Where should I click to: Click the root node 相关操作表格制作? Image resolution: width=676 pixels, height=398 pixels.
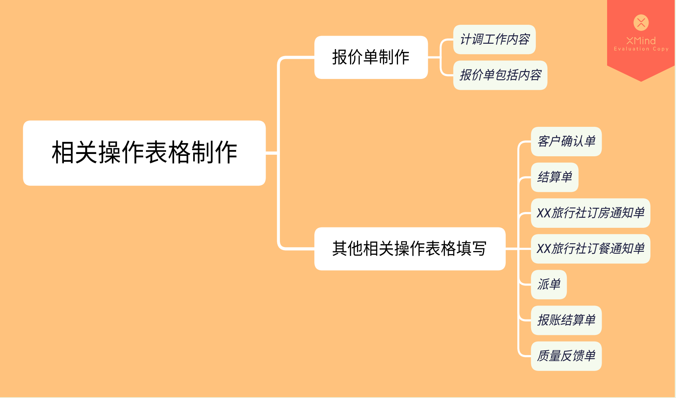[x=144, y=153]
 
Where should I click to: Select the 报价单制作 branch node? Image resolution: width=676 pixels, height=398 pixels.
[x=371, y=57]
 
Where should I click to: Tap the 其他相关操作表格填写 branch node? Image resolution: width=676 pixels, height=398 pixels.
[x=409, y=248]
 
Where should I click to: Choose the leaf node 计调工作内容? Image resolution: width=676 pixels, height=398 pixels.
[x=494, y=39]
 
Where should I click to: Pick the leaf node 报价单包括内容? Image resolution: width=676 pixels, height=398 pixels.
[x=500, y=75]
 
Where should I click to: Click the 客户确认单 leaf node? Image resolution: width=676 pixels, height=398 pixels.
[x=566, y=142]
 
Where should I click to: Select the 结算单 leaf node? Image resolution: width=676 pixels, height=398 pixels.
[x=554, y=177]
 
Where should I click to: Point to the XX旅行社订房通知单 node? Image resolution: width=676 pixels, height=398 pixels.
[x=590, y=213]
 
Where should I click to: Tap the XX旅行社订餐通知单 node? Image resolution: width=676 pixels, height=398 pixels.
[x=590, y=249]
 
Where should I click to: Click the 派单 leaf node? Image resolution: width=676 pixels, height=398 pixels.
[x=549, y=285]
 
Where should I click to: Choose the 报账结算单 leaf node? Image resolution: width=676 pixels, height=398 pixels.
[x=566, y=320]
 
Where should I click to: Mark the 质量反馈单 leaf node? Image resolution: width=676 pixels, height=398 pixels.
[x=566, y=356]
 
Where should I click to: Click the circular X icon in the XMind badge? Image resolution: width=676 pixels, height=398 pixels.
[x=641, y=22]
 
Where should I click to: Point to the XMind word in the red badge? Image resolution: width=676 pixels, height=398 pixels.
[x=641, y=41]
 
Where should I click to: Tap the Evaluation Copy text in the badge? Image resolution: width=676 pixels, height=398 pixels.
[x=641, y=49]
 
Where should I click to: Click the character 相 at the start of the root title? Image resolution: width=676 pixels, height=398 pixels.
[x=63, y=153]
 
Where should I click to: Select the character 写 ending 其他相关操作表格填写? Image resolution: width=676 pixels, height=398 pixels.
[x=479, y=248]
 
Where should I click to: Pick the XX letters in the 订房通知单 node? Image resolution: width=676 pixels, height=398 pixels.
[x=544, y=213]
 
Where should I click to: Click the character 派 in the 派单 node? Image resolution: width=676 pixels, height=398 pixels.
[x=543, y=285]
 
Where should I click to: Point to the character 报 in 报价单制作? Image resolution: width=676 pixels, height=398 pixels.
[x=340, y=57]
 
